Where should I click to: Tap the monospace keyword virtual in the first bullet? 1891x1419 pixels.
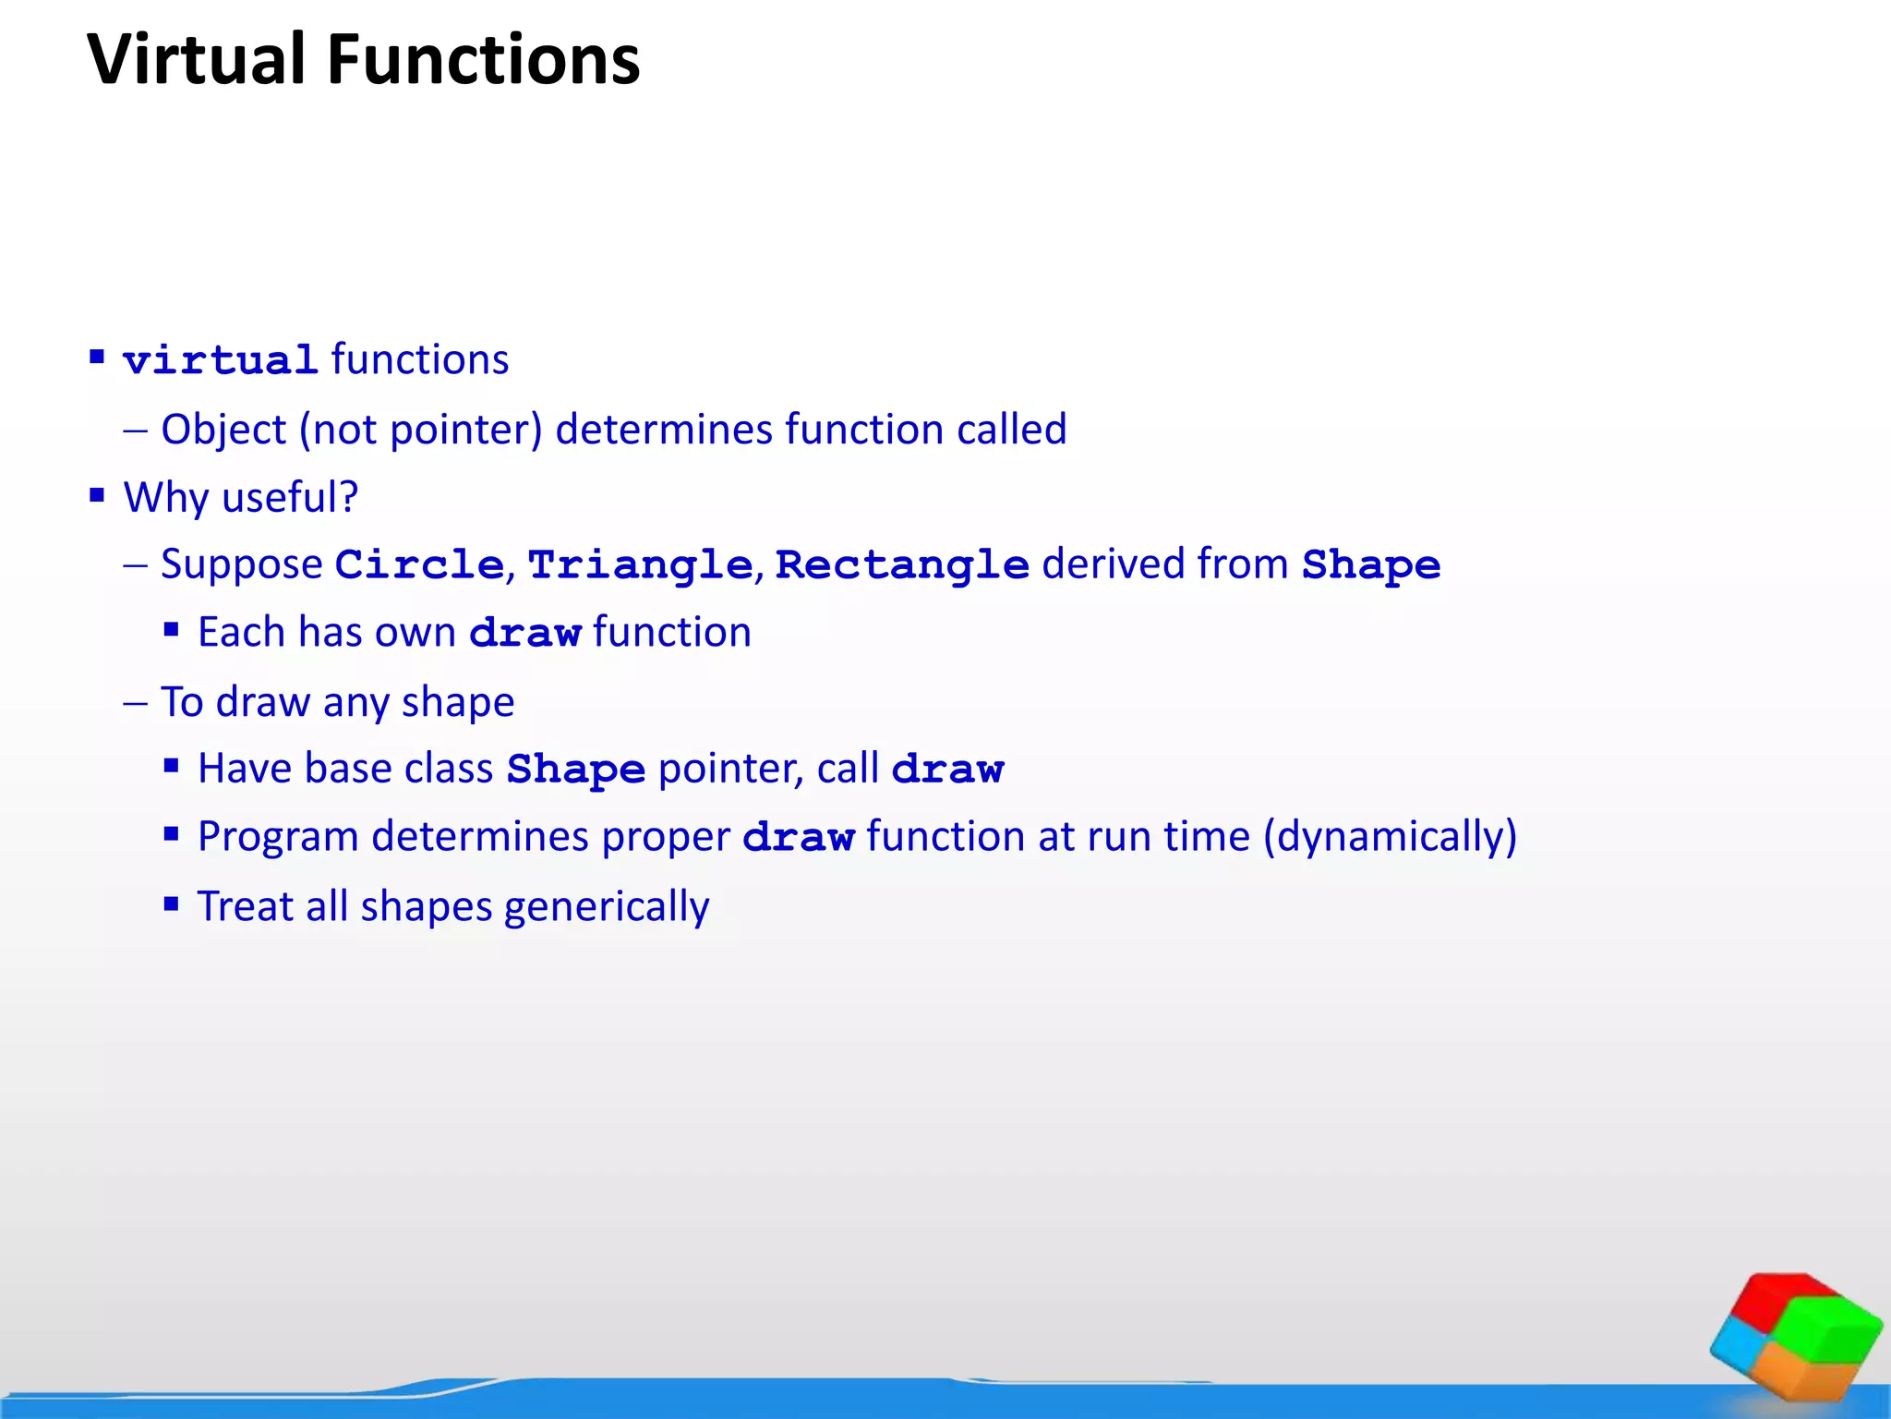(x=221, y=360)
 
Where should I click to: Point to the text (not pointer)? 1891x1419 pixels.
(x=420, y=430)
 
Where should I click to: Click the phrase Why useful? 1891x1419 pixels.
(x=241, y=497)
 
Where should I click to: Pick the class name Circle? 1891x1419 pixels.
(x=419, y=564)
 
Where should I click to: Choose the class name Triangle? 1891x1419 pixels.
(x=640, y=564)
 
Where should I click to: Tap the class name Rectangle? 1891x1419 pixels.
(x=902, y=564)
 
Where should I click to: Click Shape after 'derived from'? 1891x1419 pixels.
(x=1371, y=564)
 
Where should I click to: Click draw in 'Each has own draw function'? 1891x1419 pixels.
(x=524, y=633)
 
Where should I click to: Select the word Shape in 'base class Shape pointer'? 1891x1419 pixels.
(x=576, y=769)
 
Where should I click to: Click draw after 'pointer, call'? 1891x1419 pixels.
(x=947, y=769)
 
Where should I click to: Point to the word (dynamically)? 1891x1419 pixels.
(x=1390, y=837)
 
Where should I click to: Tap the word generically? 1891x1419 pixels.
(x=607, y=906)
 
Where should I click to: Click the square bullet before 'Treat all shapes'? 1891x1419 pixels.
(x=171, y=904)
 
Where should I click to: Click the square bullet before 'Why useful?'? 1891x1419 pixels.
(x=97, y=495)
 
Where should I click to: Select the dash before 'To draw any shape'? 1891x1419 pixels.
(x=135, y=703)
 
